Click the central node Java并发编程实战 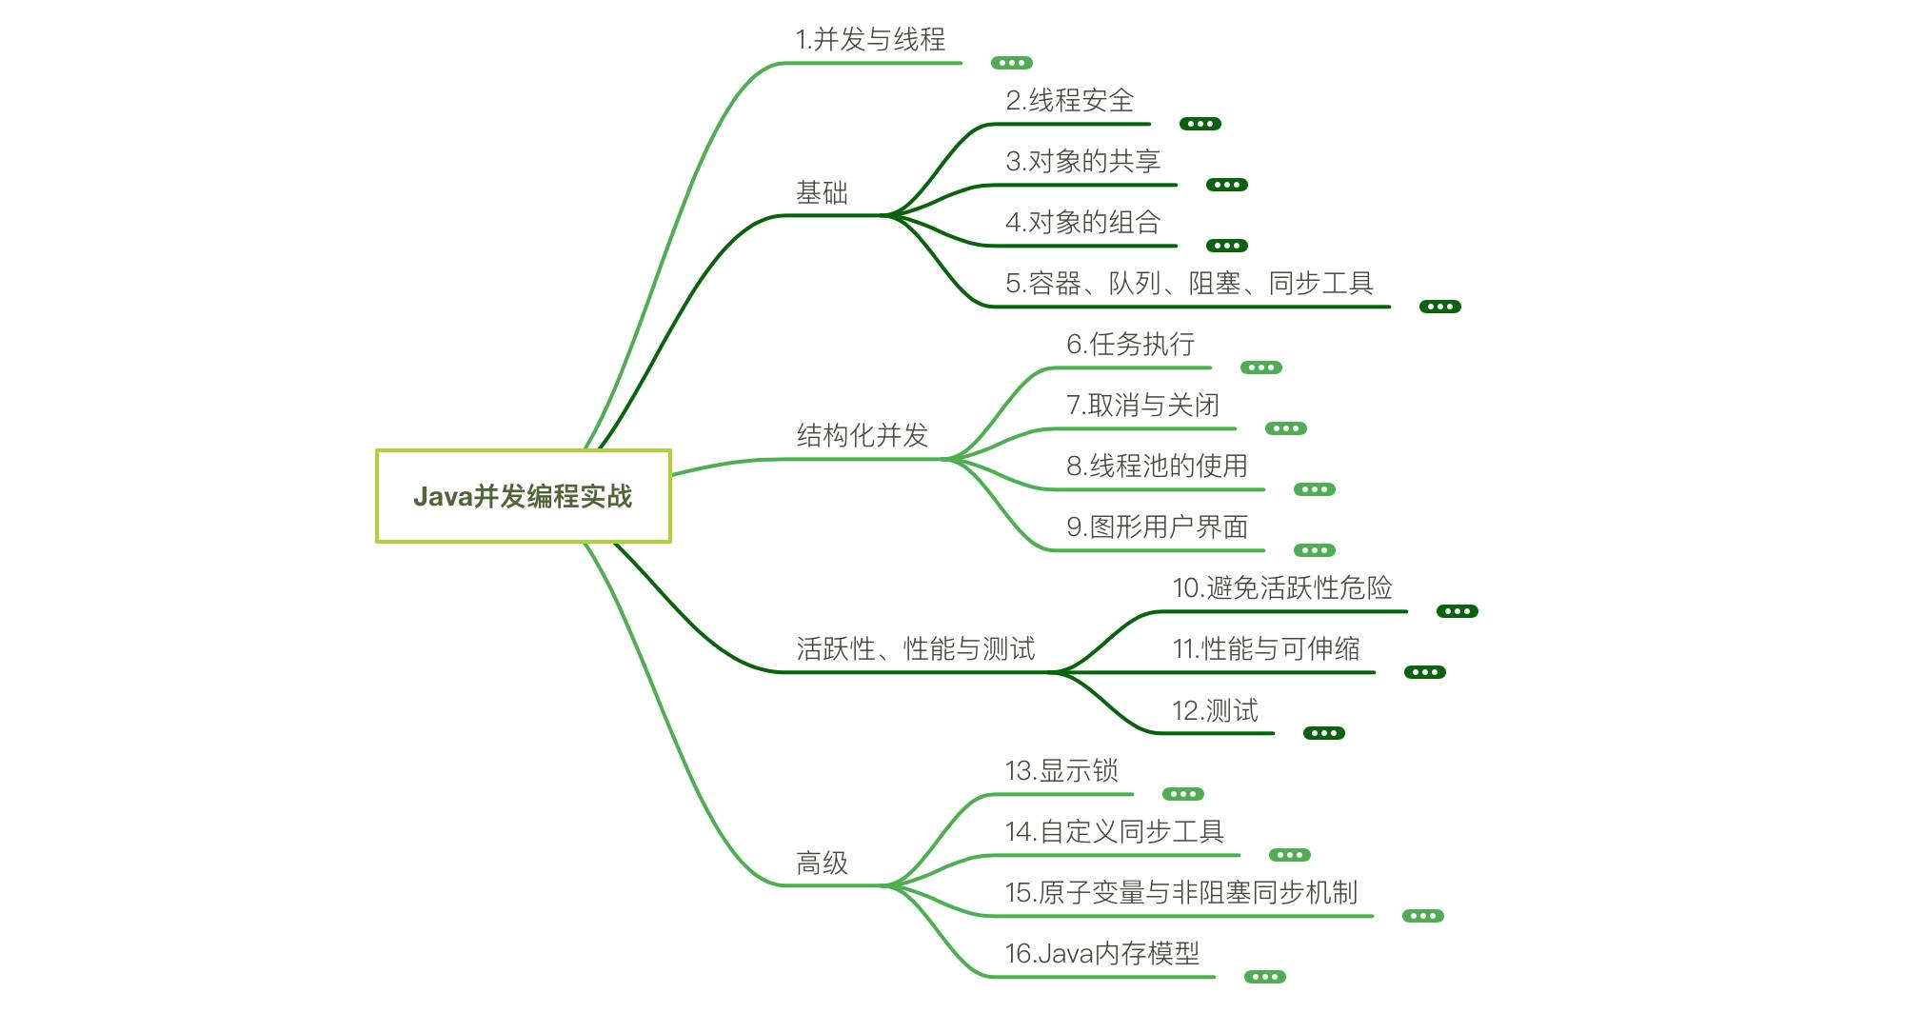pyautogui.click(x=523, y=496)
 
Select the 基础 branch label pyautogui.click(x=822, y=193)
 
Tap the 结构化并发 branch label pyautogui.click(x=862, y=435)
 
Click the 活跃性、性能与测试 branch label pyautogui.click(x=915, y=648)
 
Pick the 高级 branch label pyautogui.click(x=822, y=863)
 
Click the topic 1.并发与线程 pyautogui.click(x=870, y=39)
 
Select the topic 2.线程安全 pyautogui.click(x=1069, y=100)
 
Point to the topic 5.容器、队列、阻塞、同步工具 pyautogui.click(x=1189, y=283)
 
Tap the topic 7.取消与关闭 pyautogui.click(x=1142, y=405)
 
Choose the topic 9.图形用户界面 pyautogui.click(x=1157, y=526)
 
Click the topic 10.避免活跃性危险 pyautogui.click(x=1281, y=587)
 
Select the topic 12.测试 pyautogui.click(x=1215, y=710)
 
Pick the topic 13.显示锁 pyautogui.click(x=1061, y=770)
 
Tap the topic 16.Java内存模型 pyautogui.click(x=1101, y=953)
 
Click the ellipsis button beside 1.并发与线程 pyautogui.click(x=1011, y=63)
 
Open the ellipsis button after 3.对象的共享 pyautogui.click(x=1226, y=185)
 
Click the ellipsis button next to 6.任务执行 pyautogui.click(x=1260, y=367)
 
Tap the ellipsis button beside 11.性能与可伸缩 pyautogui.click(x=1424, y=672)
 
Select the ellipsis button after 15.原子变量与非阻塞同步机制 pyautogui.click(x=1422, y=916)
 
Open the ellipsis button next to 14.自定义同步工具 pyautogui.click(x=1289, y=855)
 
